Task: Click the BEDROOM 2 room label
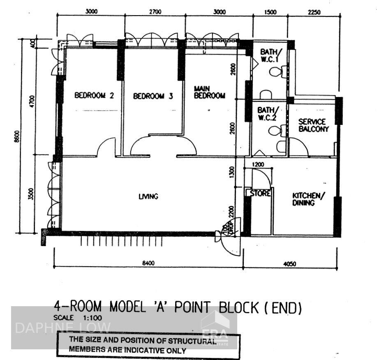click(x=94, y=96)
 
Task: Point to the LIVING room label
click(x=148, y=196)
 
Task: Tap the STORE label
click(x=260, y=193)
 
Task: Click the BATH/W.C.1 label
click(x=270, y=55)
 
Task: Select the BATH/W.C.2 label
click(x=268, y=114)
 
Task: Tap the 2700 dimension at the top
click(x=155, y=12)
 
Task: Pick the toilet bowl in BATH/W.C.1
click(x=275, y=72)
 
